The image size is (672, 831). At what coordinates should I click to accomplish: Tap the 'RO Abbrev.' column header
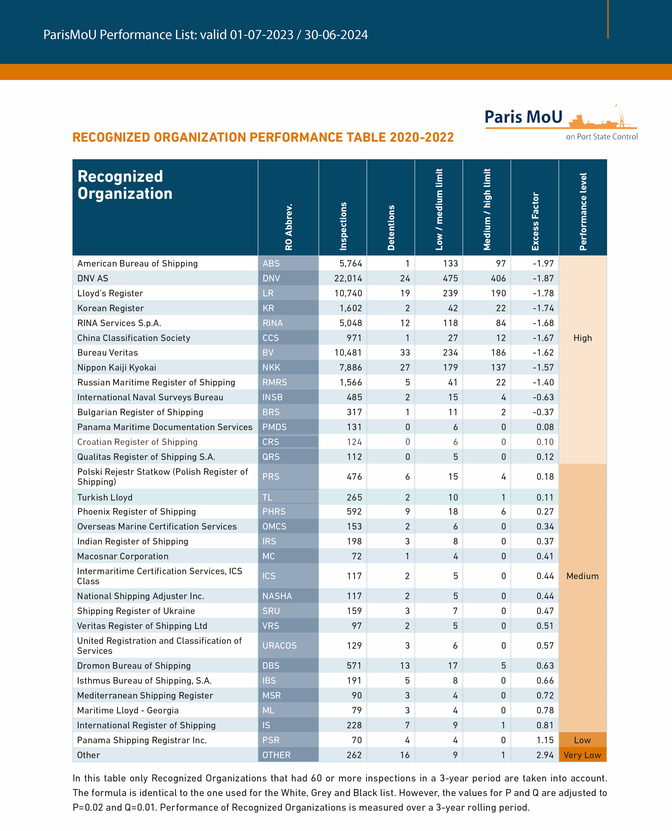tap(288, 227)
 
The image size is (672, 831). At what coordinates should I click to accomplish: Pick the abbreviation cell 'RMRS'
tap(274, 382)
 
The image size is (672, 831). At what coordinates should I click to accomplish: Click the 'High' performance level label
tap(583, 338)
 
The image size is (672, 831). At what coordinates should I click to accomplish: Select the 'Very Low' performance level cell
tap(582, 755)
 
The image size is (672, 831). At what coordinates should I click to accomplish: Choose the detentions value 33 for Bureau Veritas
tap(405, 352)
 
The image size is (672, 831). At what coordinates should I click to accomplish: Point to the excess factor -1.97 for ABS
tap(543, 264)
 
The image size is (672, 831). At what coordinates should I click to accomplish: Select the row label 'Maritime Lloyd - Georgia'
tap(128, 710)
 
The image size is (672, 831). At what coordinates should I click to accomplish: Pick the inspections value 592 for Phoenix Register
tap(354, 511)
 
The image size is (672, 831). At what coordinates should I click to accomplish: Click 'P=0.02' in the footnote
tap(88, 807)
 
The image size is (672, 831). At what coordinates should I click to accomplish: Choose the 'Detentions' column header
tap(391, 228)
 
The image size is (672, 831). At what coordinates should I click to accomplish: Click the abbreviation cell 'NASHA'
tap(277, 596)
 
